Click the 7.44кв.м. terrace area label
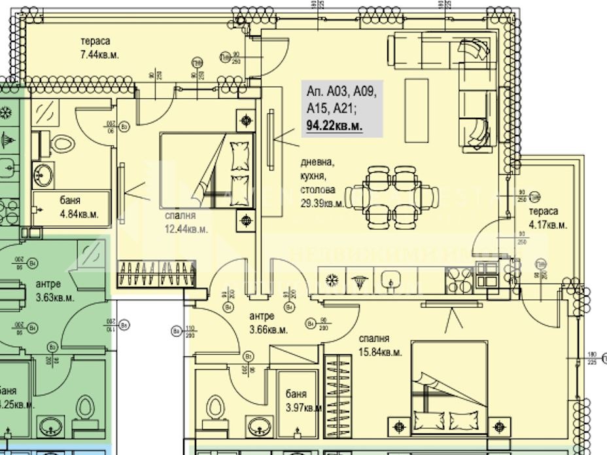[96, 54]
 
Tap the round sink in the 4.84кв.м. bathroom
[44, 174]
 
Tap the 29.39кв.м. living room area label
[322, 203]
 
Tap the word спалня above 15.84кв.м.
[373, 338]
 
